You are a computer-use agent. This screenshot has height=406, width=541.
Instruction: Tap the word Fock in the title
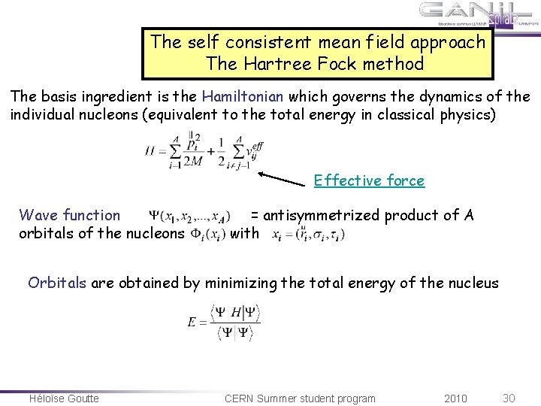[334, 64]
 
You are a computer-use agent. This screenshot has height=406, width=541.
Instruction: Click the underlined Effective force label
[369, 180]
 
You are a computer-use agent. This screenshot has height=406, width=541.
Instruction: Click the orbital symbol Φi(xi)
[207, 234]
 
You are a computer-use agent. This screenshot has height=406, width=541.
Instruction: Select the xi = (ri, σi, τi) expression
[308, 234]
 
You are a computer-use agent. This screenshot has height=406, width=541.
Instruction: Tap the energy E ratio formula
[224, 321]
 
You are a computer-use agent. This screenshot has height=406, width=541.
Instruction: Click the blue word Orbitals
[58, 283]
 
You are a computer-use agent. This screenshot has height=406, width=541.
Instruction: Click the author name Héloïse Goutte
[64, 398]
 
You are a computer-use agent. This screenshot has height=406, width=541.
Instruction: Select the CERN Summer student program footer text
[300, 398]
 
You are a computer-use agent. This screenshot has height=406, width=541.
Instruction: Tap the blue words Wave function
[69, 216]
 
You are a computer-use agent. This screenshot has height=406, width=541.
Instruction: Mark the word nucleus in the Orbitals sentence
[472, 283]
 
